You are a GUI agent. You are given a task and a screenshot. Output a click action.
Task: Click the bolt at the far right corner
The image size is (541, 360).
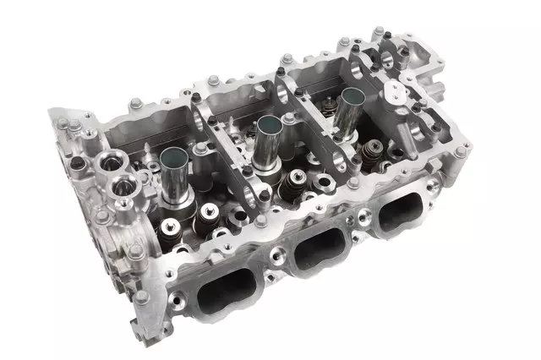[462, 152]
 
